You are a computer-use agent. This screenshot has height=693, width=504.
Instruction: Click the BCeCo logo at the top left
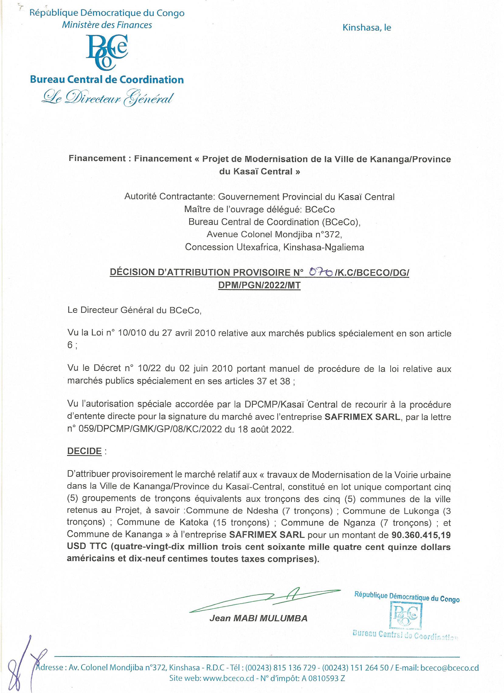[x=107, y=52]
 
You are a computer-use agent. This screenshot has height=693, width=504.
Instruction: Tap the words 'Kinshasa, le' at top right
[x=367, y=28]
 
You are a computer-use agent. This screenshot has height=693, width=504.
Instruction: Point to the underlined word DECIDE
[x=84, y=451]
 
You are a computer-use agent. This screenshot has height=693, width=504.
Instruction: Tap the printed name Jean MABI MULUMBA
[x=258, y=619]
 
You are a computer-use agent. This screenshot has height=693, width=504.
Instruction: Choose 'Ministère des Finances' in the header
[x=107, y=25]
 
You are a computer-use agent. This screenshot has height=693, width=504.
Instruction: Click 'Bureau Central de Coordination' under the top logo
[x=107, y=80]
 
